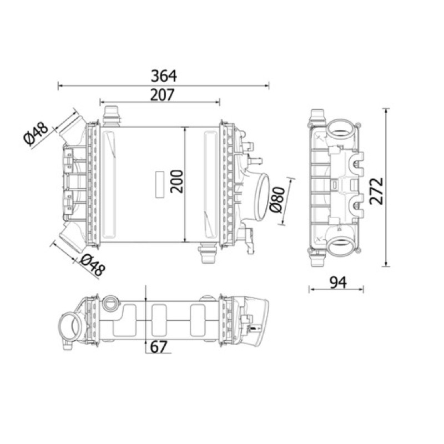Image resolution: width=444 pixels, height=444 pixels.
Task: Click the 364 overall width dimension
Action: (x=164, y=76)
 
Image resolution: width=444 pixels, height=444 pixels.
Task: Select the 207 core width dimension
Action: (x=162, y=95)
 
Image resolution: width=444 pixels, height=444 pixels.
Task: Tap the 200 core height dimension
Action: (x=176, y=181)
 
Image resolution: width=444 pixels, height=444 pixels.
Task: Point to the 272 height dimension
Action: (x=377, y=191)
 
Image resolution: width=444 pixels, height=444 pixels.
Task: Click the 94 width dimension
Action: (x=338, y=282)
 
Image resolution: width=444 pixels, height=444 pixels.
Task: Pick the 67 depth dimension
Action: (x=159, y=347)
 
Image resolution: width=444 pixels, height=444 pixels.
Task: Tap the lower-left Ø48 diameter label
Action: (x=92, y=265)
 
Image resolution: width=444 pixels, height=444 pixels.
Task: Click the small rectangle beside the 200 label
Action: (x=160, y=184)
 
